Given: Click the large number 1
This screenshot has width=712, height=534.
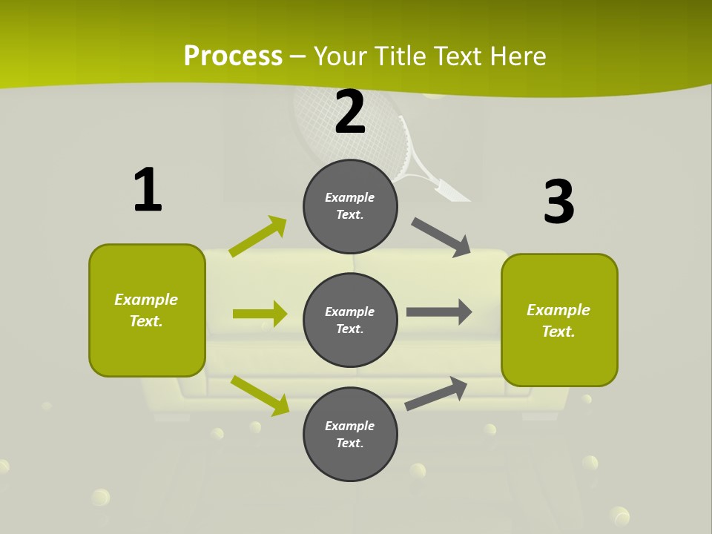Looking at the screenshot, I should coord(148,190).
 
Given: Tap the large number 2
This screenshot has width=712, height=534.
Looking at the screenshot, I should coord(350,112).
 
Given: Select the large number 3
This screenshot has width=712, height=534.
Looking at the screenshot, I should coord(558,202).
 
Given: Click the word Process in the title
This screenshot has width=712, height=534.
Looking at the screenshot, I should coord(233,56).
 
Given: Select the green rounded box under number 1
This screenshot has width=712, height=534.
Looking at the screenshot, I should coord(147,310).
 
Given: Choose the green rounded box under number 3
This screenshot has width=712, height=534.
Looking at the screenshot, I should coord(559,320).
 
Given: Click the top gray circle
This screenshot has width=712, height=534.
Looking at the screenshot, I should coord(350,206).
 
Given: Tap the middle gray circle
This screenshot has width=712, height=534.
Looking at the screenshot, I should coord(350,320).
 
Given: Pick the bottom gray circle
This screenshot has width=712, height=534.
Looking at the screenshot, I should coord(350,435).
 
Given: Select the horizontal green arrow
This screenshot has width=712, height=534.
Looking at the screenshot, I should coord(260,314).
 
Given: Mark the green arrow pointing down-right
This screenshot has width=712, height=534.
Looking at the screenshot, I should coord(260,395).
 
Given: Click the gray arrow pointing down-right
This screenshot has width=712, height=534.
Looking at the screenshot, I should coord(441,237).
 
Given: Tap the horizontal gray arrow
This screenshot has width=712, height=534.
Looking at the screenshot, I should coord(439,311).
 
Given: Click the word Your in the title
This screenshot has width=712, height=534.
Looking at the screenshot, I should coord(341,56).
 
